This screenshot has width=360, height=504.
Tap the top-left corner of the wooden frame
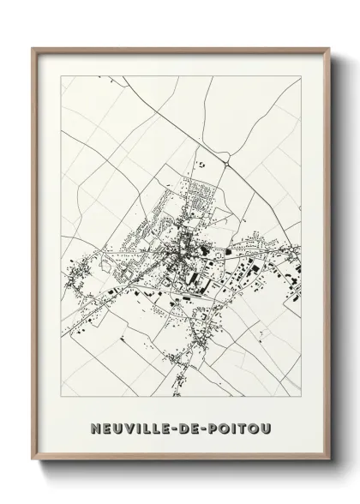coord(33,46)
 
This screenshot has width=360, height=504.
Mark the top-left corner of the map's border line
coord(61,75)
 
